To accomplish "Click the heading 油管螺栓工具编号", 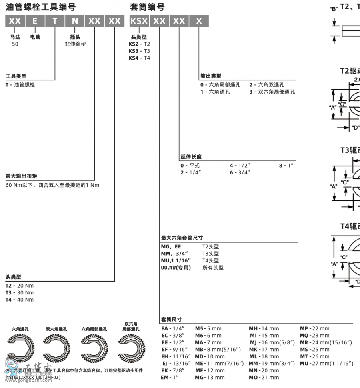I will [41, 7].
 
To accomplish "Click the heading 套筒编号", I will [147, 7].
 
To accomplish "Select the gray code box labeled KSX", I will [139, 21].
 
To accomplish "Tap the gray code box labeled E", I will [35, 21].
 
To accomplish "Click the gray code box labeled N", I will [75, 21].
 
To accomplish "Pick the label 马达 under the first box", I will [15, 37].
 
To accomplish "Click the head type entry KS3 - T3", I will [139, 51].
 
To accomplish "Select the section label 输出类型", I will [211, 76].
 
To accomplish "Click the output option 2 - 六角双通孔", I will [267, 85].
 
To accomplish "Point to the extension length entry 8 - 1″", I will [286, 165].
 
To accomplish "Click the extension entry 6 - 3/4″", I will [240, 172].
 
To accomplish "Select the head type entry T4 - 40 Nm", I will [20, 300].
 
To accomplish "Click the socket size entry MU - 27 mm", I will [326, 363].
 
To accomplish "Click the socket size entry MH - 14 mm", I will [264, 328].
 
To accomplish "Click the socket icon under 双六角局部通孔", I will [131, 345].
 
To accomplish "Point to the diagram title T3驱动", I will [350, 150].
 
